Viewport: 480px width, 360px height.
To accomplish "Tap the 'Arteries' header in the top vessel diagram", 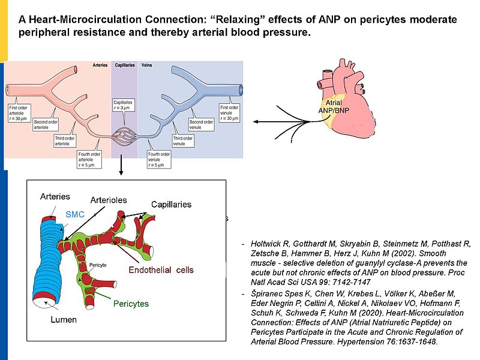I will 100,65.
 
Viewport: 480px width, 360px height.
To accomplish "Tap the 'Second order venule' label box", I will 200,124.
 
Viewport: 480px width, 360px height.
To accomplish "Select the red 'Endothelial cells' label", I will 161,270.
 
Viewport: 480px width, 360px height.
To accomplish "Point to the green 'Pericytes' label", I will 131,304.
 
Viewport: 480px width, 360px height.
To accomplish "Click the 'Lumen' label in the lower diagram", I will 63,320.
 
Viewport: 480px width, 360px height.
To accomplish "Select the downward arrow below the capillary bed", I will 122,167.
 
